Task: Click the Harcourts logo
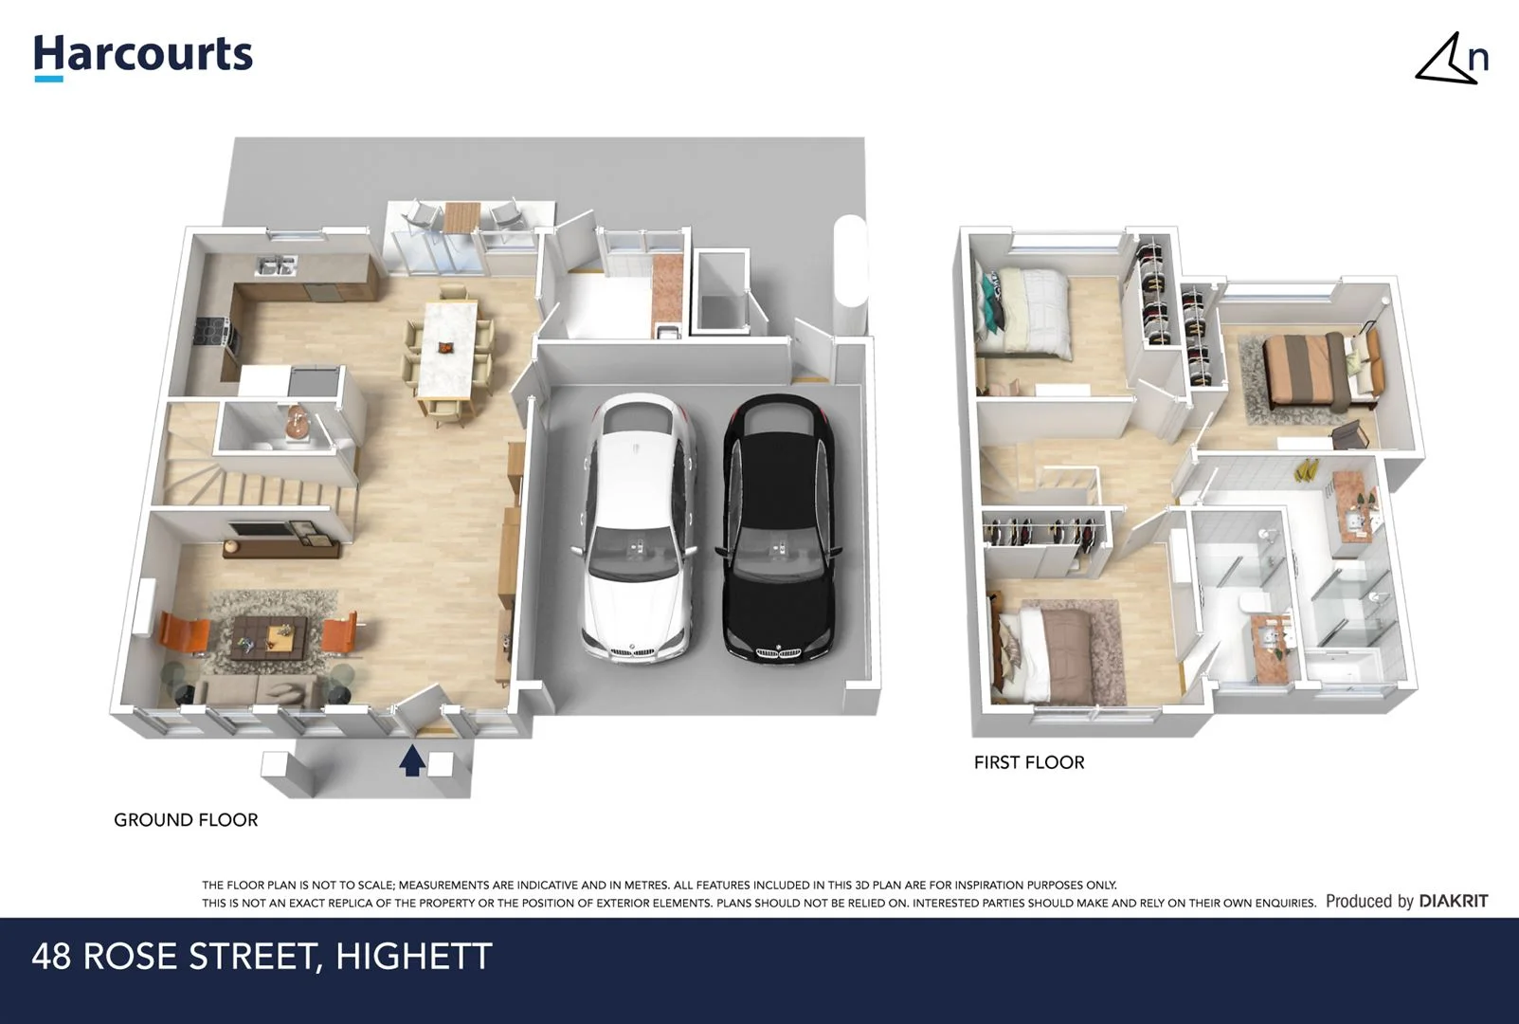pyautogui.click(x=143, y=55)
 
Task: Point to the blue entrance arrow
pyautogui.click(x=410, y=760)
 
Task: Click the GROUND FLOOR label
pyautogui.click(x=186, y=820)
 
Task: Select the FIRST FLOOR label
pyautogui.click(x=1028, y=762)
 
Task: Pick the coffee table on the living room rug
pyautogui.click(x=270, y=633)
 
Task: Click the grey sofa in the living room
pyautogui.click(x=260, y=691)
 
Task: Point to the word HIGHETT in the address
pyautogui.click(x=413, y=957)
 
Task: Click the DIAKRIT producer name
pyautogui.click(x=1453, y=902)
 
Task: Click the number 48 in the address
pyautogui.click(x=51, y=957)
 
